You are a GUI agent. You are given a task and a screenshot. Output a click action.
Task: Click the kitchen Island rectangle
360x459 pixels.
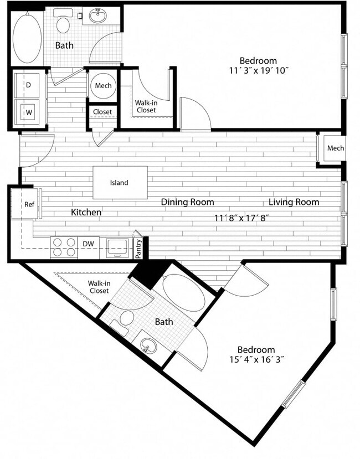120,183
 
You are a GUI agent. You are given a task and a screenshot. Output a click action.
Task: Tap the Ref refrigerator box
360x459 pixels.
29,204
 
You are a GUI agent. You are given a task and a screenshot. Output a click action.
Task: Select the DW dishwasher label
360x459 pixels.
88,244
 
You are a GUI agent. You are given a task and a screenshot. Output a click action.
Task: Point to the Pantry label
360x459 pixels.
138,247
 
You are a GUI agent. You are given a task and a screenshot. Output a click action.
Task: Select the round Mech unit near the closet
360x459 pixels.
102,86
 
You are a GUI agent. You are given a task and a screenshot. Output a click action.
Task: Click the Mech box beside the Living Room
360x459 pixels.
334,148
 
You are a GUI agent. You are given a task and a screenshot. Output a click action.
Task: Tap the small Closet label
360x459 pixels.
102,112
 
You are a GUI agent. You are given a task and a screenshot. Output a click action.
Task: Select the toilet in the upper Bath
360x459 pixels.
64,24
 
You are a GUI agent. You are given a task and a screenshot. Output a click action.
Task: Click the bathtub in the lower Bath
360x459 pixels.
184,294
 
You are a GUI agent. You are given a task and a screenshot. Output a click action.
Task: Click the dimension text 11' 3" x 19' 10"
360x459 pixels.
258,71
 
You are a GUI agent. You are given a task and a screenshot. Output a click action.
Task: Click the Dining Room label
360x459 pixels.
187,202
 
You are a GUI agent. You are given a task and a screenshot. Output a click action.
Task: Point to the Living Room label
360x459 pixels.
294,202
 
